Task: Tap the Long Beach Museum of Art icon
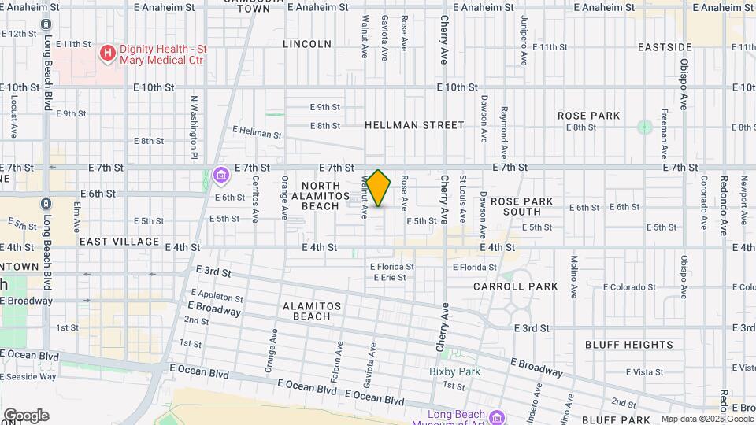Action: pyautogui.click(x=495, y=416)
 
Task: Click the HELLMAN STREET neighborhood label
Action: pyautogui.click(x=414, y=125)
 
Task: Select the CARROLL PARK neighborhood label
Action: pyautogui.click(x=516, y=286)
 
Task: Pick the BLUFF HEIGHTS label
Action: pyautogui.click(x=628, y=345)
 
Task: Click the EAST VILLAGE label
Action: pyautogui.click(x=119, y=242)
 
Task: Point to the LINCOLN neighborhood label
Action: pyautogui.click(x=307, y=44)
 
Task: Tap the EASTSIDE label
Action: pyautogui.click(x=665, y=47)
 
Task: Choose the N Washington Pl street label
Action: pyautogui.click(x=193, y=125)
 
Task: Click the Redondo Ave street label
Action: pyautogui.click(x=722, y=213)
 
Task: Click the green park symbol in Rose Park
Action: pyautogui.click(x=645, y=127)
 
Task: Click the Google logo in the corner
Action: pyautogui.click(x=26, y=416)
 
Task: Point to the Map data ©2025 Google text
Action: pyautogui.click(x=706, y=419)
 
